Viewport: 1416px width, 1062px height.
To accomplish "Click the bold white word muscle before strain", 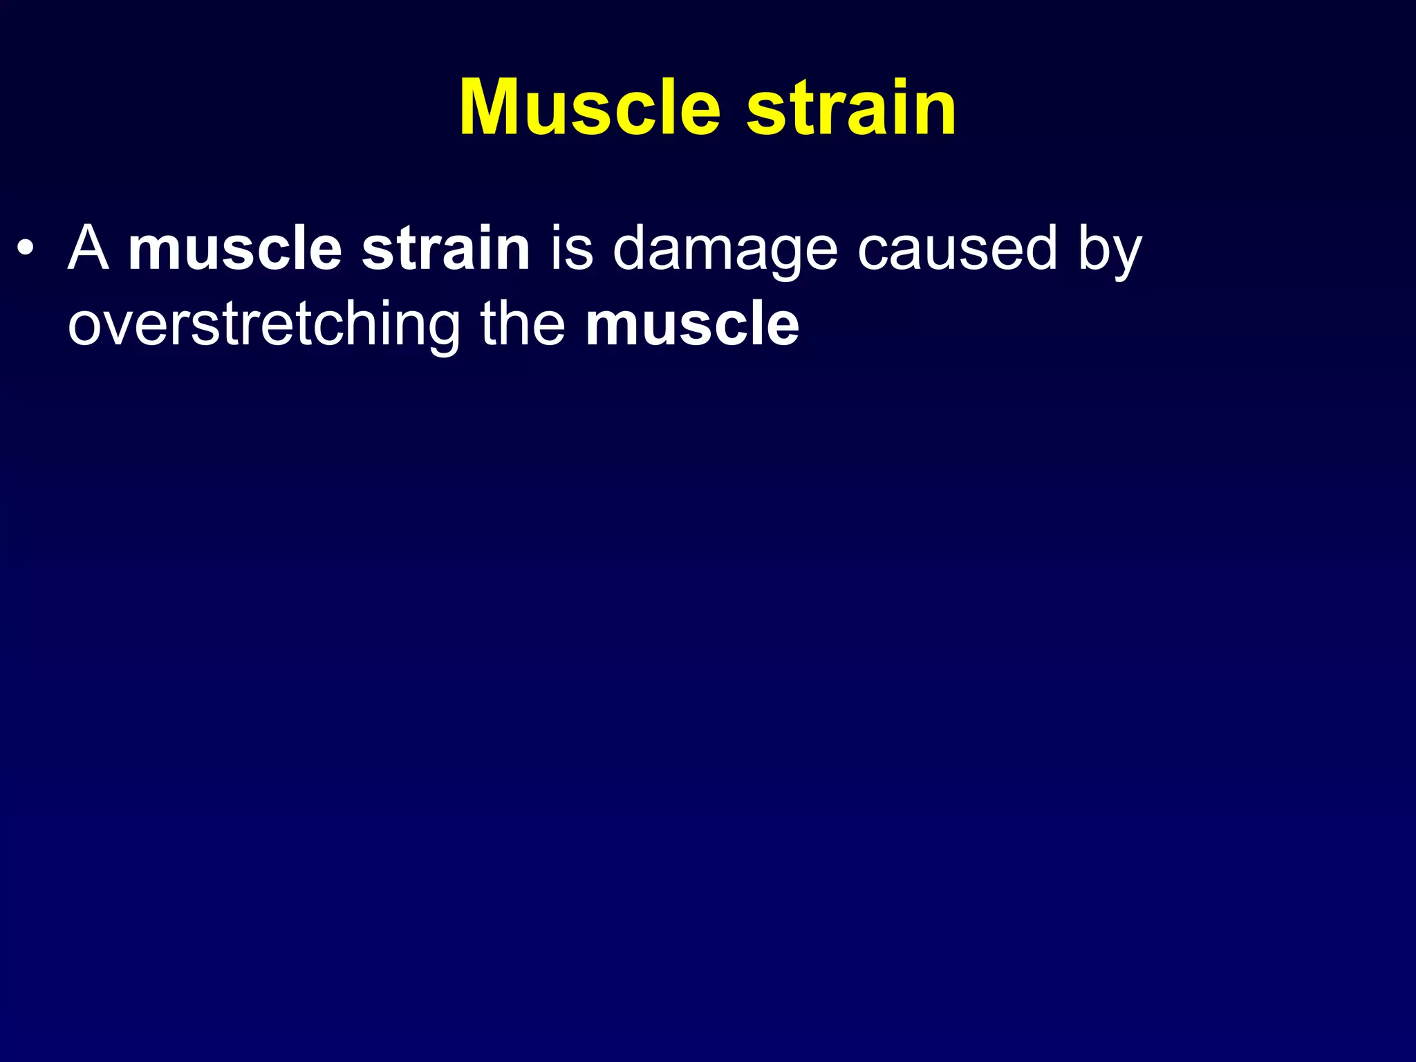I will click(235, 249).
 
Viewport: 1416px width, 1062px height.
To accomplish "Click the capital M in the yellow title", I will click(492, 109).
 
